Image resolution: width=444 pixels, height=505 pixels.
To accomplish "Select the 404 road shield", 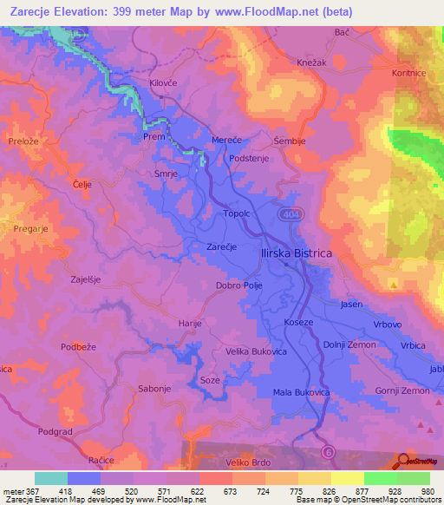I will coord(290,213).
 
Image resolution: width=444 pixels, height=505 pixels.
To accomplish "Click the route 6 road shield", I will coord(328,451).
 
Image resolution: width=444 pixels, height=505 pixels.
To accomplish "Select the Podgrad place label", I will coord(55,430).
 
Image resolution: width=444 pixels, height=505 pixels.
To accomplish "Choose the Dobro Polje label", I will coord(239,285).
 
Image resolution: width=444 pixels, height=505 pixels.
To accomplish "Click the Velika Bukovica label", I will coord(256,351).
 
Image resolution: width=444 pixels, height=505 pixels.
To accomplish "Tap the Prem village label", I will coord(154,136).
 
